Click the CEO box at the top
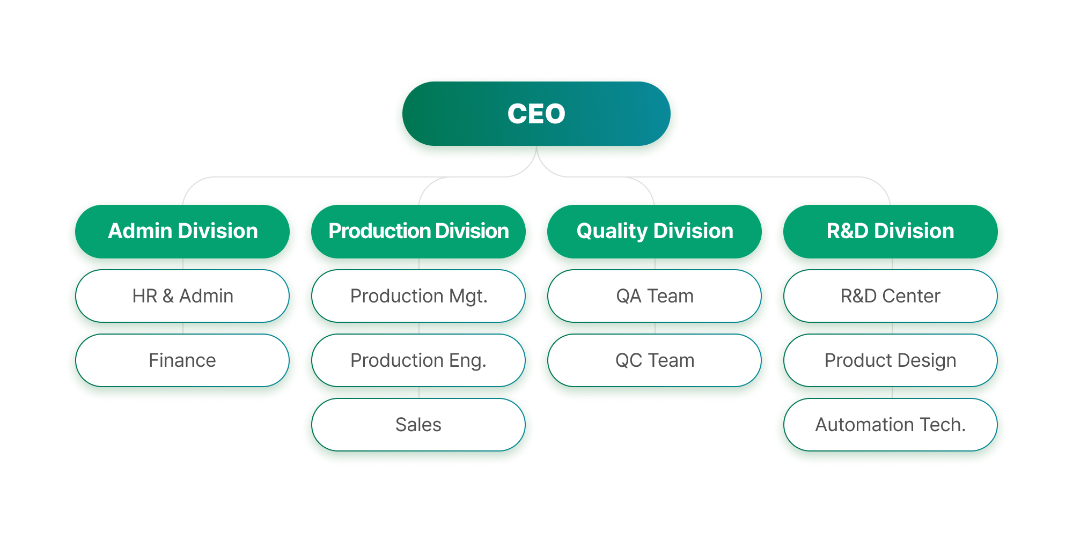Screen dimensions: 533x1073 click(x=536, y=114)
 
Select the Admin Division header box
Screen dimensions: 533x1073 click(x=182, y=231)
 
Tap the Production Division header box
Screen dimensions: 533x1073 click(x=418, y=231)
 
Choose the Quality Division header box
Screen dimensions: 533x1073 click(x=655, y=231)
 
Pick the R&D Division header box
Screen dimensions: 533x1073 click(x=891, y=231)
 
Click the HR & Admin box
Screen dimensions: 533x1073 click(x=182, y=296)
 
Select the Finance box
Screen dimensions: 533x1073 click(x=182, y=360)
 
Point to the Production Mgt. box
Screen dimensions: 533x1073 click(x=418, y=296)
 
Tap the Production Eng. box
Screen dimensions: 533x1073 click(x=418, y=360)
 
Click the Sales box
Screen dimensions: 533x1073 click(x=418, y=425)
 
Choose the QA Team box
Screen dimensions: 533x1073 click(x=655, y=296)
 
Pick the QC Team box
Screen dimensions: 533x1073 click(x=655, y=360)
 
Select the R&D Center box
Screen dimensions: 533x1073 click(x=891, y=296)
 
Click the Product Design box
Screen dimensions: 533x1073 click(x=891, y=360)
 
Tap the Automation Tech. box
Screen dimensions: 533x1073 click(x=891, y=425)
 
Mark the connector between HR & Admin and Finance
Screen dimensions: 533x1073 click(x=183, y=328)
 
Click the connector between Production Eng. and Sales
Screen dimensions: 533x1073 click(x=419, y=393)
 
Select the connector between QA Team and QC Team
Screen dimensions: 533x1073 click(x=655, y=328)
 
